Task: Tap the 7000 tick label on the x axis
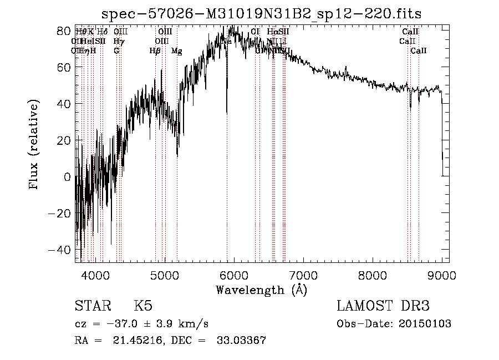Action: pos(303,274)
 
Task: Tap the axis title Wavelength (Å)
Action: pos(261,290)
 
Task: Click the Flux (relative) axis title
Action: pos(35,145)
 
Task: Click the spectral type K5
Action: pos(143,306)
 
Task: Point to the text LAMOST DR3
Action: pos(383,306)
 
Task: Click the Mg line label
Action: pos(177,51)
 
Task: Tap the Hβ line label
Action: pos(155,51)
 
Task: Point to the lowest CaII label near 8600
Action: pos(419,51)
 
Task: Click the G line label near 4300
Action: pos(116,51)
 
